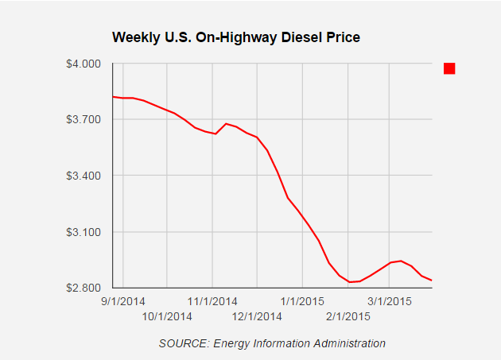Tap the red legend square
click(x=449, y=69)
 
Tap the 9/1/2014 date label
click(x=123, y=302)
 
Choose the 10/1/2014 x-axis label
click(x=168, y=316)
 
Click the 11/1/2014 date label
click(x=212, y=302)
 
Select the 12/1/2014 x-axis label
click(x=257, y=316)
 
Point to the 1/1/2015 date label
click(x=303, y=302)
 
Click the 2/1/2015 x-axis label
click(x=348, y=316)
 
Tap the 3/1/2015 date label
click(x=388, y=302)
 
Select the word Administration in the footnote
click(x=350, y=343)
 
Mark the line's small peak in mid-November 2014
click(x=226, y=123)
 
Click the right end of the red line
click(x=431, y=280)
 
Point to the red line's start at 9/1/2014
click(x=113, y=96)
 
